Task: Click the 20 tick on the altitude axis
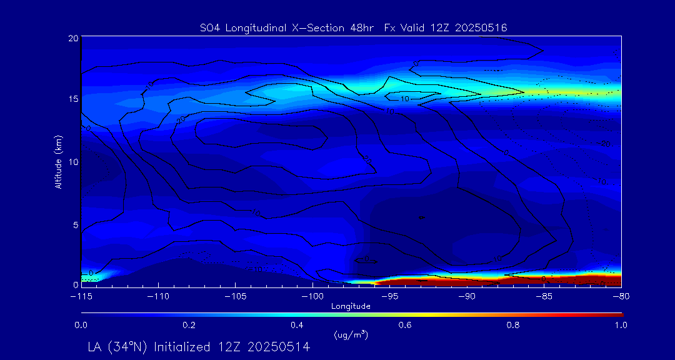click(x=73, y=38)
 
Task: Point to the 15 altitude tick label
click(x=73, y=99)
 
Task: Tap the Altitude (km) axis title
click(x=58, y=161)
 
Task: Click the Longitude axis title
click(x=351, y=306)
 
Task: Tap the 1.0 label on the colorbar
click(x=620, y=325)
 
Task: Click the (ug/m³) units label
click(x=351, y=335)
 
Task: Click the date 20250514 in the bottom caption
click(x=279, y=347)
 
